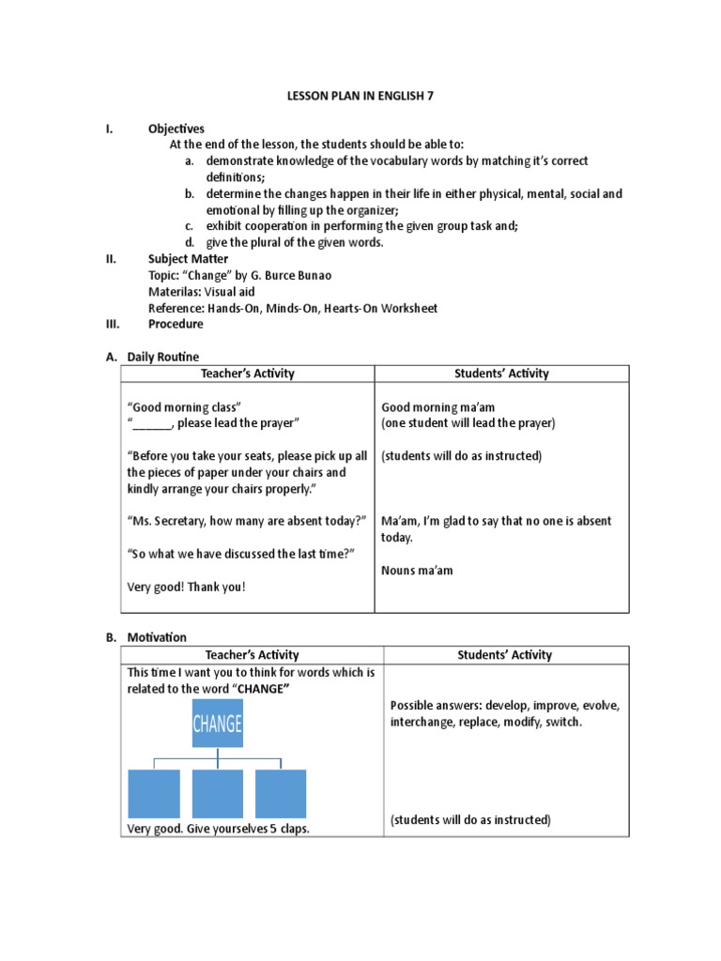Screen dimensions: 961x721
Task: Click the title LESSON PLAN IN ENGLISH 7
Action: (x=360, y=96)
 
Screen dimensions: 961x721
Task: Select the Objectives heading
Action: (x=176, y=129)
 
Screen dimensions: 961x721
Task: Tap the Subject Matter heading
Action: (x=188, y=258)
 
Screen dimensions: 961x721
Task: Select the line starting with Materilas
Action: (x=201, y=291)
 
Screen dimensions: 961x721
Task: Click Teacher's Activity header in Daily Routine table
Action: (x=248, y=374)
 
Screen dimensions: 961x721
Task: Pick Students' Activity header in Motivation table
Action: (x=503, y=655)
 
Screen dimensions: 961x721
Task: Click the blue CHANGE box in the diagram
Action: (x=218, y=724)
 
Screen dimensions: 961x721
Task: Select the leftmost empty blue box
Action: (x=154, y=793)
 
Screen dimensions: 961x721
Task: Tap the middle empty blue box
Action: (x=218, y=793)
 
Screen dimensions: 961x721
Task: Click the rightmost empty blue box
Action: (x=281, y=793)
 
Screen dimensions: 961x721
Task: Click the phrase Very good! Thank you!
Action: (x=186, y=587)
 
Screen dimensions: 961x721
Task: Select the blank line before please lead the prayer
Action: (x=153, y=423)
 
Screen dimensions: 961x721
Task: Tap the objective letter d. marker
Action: (x=189, y=242)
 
